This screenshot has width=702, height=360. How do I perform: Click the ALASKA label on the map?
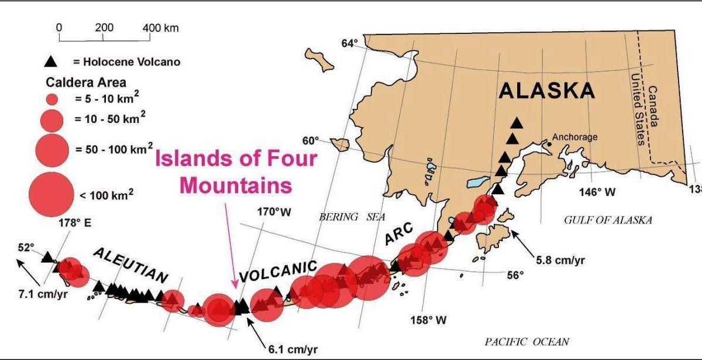click(x=546, y=91)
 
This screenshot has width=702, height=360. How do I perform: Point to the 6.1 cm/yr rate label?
click(x=292, y=349)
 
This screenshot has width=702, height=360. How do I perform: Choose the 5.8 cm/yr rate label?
click(x=560, y=259)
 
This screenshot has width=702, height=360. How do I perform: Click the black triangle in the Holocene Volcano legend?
click(x=51, y=61)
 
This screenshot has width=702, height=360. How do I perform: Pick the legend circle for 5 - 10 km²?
click(x=51, y=99)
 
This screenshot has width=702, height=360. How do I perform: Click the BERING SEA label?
click(x=352, y=217)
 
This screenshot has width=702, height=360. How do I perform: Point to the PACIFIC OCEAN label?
click(x=526, y=342)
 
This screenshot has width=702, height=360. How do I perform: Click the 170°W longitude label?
click(x=274, y=211)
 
